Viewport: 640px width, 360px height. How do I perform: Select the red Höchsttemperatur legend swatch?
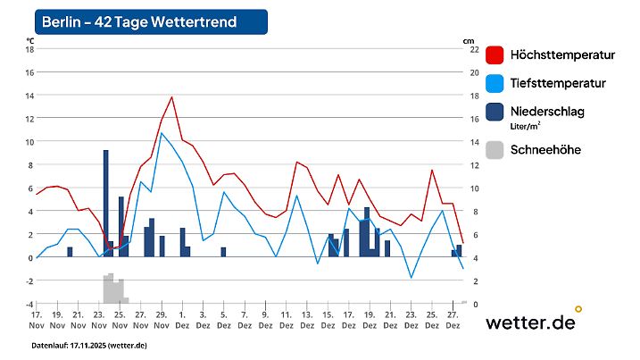(x=495, y=54)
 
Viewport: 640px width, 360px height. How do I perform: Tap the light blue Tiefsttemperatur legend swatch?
(x=495, y=83)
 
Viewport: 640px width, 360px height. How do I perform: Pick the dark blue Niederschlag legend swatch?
(x=495, y=112)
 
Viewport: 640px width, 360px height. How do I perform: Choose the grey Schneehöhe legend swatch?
(x=495, y=149)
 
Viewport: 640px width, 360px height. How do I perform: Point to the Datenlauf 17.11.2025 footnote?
(x=89, y=345)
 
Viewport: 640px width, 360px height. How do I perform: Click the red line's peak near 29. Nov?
(x=171, y=97)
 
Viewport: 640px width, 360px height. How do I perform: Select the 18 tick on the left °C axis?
(x=29, y=49)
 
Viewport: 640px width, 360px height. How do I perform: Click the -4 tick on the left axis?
(x=29, y=304)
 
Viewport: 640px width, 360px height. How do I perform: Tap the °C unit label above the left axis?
(x=30, y=40)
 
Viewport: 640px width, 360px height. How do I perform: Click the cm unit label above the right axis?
(x=468, y=40)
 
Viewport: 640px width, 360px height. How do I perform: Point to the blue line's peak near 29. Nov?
(x=162, y=133)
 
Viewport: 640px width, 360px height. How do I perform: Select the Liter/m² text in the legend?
(x=526, y=126)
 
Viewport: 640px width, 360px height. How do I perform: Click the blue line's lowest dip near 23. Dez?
(x=411, y=278)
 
